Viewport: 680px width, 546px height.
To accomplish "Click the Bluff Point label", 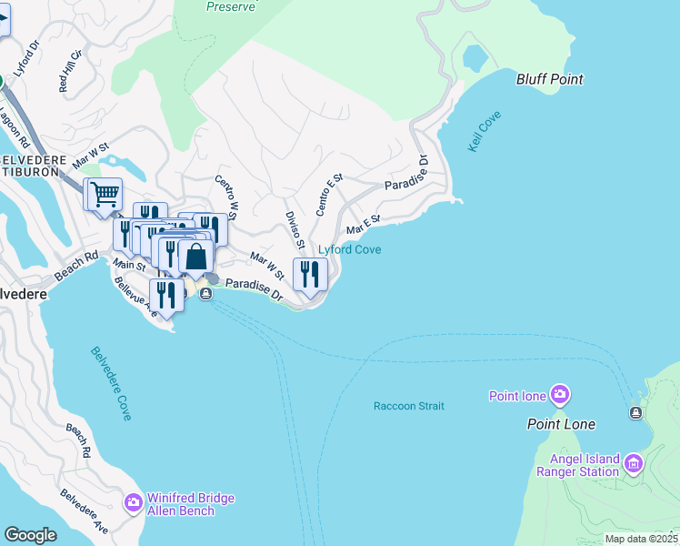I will (x=549, y=79).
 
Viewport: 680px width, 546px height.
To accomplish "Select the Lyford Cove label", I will (x=349, y=249).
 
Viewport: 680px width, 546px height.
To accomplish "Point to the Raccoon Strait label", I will (x=408, y=406).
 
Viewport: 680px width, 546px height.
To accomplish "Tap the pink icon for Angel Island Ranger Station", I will (x=634, y=465).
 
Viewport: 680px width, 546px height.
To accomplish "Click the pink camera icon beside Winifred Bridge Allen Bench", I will (x=134, y=502).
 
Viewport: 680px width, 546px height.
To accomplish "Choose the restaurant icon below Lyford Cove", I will (x=310, y=273).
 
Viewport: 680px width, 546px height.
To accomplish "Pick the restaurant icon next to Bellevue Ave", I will (x=165, y=294).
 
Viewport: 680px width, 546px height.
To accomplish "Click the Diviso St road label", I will (x=294, y=231).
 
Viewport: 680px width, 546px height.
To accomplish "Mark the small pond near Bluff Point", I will (x=475, y=57).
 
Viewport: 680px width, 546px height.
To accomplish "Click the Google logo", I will (x=30, y=535).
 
